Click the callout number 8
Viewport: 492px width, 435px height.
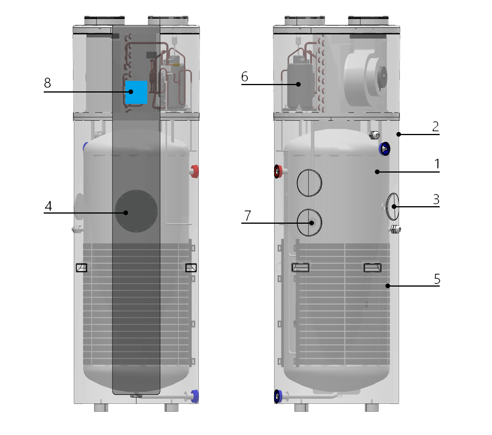pyautogui.click(x=47, y=83)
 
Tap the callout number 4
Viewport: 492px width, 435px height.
pyautogui.click(x=48, y=206)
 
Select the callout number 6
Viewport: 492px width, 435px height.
pyautogui.click(x=244, y=77)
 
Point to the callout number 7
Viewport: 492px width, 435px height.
pyautogui.click(x=248, y=216)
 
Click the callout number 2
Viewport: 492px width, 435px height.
pyautogui.click(x=436, y=126)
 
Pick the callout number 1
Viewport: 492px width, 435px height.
pyautogui.click(x=437, y=164)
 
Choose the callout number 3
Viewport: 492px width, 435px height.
pyautogui.click(x=436, y=199)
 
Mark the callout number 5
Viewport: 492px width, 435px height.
pyautogui.click(x=437, y=279)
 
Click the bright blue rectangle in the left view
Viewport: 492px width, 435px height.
pyautogui.click(x=136, y=92)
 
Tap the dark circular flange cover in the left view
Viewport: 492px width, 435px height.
pyautogui.click(x=136, y=211)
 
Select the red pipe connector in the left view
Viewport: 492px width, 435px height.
pyautogui.click(x=194, y=171)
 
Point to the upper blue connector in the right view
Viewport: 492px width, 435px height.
pyautogui.click(x=385, y=149)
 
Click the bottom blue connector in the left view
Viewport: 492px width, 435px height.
pyautogui.click(x=194, y=396)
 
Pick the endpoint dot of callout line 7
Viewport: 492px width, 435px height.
pyautogui.click(x=312, y=223)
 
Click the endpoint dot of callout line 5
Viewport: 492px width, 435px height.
pyautogui.click(x=388, y=286)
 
